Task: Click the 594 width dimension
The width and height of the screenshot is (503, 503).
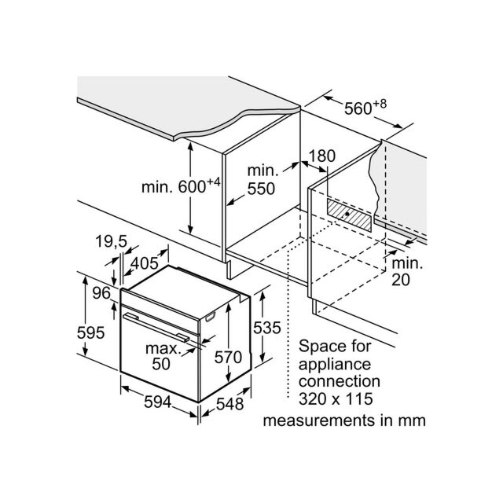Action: click(157, 402)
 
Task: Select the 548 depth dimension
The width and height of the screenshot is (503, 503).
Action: click(229, 404)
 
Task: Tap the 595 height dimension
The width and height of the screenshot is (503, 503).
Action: click(91, 332)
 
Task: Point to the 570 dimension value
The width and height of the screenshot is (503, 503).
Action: click(228, 357)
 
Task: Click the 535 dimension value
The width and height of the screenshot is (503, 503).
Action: click(267, 328)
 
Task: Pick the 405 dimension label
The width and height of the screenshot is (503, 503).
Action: click(145, 263)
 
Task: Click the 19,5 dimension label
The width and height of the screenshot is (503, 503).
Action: click(112, 241)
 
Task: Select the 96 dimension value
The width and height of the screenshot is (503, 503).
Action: click(101, 293)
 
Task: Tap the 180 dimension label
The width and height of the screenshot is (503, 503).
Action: click(321, 156)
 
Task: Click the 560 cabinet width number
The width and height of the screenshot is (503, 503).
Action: click(358, 108)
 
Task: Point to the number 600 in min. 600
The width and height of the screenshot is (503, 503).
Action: click(192, 187)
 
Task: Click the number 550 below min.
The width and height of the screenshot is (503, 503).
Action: click(261, 189)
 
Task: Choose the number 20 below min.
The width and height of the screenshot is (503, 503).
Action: click(401, 280)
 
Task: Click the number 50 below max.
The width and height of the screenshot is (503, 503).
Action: click(161, 364)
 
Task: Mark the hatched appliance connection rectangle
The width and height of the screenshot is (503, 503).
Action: click(349, 215)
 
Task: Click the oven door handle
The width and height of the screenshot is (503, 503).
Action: click(156, 327)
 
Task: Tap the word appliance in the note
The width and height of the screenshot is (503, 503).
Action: click(335, 365)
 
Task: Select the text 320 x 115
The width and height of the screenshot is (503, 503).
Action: click(336, 398)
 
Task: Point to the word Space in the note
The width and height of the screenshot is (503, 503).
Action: click(319, 347)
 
